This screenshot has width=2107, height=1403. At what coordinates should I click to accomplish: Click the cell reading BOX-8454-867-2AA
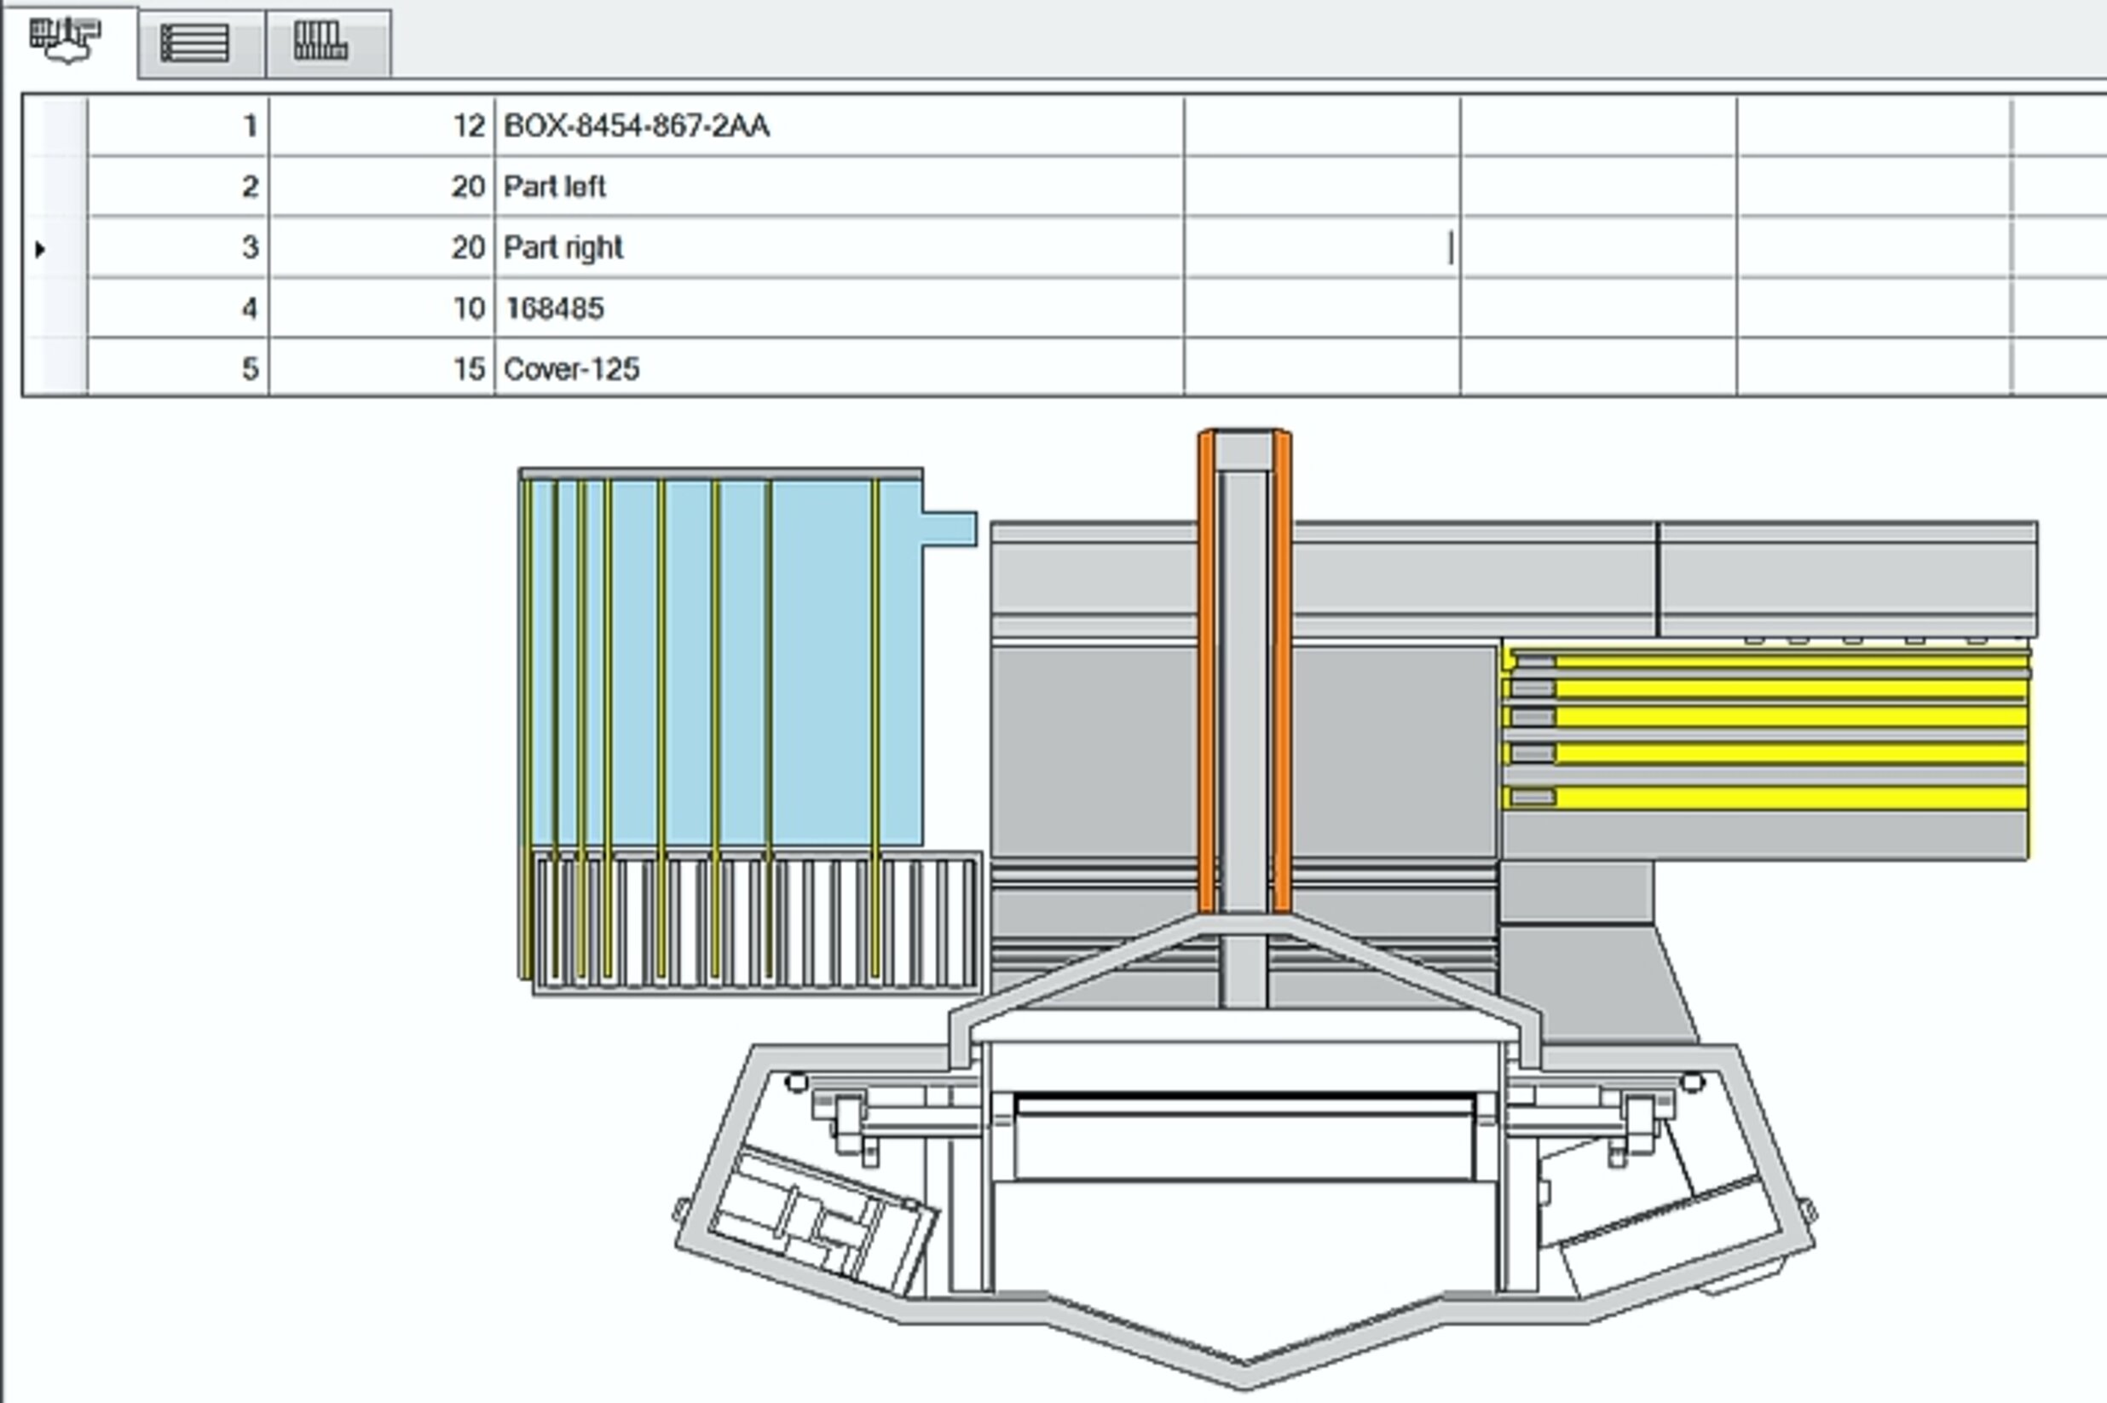click(x=636, y=126)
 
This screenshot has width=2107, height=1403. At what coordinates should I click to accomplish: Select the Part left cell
click(x=555, y=186)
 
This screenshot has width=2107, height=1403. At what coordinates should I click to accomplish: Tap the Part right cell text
click(x=563, y=247)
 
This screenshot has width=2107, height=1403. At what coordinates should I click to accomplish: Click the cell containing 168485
click(x=555, y=308)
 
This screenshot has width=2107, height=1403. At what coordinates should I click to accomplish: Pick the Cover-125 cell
click(x=572, y=368)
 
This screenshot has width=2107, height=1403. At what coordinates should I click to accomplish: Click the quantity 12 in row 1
click(x=469, y=126)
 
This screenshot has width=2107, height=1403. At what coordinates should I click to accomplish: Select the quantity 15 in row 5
click(x=469, y=368)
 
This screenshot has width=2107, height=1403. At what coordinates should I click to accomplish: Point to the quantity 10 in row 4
click(x=469, y=308)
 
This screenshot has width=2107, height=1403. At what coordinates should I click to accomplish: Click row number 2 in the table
click(x=251, y=186)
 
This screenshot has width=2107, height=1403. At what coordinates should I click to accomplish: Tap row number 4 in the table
click(x=251, y=308)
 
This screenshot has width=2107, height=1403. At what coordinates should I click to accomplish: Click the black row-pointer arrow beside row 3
click(x=40, y=249)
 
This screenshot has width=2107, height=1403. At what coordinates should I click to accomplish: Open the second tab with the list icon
click(x=195, y=43)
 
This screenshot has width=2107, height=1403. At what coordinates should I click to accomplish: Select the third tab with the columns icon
click(x=320, y=41)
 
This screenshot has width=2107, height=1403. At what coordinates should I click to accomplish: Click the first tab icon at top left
click(x=66, y=39)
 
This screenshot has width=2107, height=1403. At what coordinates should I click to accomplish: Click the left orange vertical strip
click(x=1206, y=671)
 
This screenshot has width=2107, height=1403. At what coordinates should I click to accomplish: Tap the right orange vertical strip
click(x=1281, y=671)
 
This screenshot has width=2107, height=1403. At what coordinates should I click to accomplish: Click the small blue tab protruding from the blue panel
click(x=950, y=528)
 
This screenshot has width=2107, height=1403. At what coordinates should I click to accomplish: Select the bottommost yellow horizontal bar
click(x=1789, y=797)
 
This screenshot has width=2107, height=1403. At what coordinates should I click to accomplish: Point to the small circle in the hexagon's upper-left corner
click(x=795, y=1083)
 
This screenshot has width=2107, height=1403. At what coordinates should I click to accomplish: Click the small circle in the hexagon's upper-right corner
click(x=1692, y=1083)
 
